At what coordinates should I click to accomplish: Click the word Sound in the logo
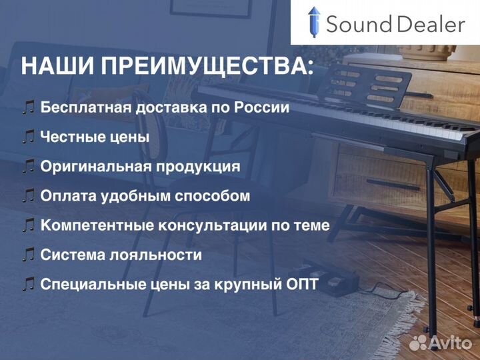pos(359,25)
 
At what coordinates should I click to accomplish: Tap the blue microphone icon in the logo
pos(314,23)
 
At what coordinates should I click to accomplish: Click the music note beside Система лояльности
pos(28,255)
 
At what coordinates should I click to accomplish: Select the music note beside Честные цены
pos(28,137)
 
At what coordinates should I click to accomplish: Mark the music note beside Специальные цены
pos(28,284)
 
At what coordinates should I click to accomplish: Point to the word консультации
pos(220,225)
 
